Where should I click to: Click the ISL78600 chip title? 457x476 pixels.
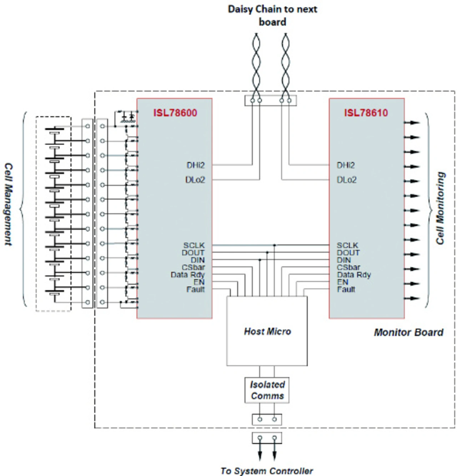point(175,113)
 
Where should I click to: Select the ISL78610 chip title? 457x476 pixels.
point(366,113)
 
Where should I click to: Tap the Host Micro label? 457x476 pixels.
point(267,331)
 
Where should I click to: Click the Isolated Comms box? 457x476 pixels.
point(267,390)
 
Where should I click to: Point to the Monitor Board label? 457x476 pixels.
point(408,333)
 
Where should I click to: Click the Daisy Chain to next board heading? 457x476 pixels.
point(272,15)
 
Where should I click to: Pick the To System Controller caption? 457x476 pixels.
point(266,471)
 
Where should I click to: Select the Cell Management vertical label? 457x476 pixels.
point(8,204)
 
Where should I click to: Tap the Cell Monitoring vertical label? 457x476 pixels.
point(440,208)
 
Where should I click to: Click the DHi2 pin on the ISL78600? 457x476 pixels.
point(195,165)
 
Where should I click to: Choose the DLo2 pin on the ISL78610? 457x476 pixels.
point(346,180)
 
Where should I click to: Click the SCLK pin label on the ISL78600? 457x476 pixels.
point(194,245)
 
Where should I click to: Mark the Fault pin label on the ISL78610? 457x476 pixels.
point(346,289)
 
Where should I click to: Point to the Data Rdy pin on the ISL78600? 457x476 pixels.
point(187,275)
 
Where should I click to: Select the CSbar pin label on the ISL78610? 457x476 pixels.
point(348,267)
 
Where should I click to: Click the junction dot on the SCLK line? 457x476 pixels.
point(275,245)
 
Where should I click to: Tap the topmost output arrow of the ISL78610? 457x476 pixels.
point(412,122)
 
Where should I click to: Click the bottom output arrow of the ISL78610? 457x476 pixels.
point(412,298)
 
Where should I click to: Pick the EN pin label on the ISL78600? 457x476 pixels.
point(199,282)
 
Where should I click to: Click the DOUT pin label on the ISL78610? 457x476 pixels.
point(348,252)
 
